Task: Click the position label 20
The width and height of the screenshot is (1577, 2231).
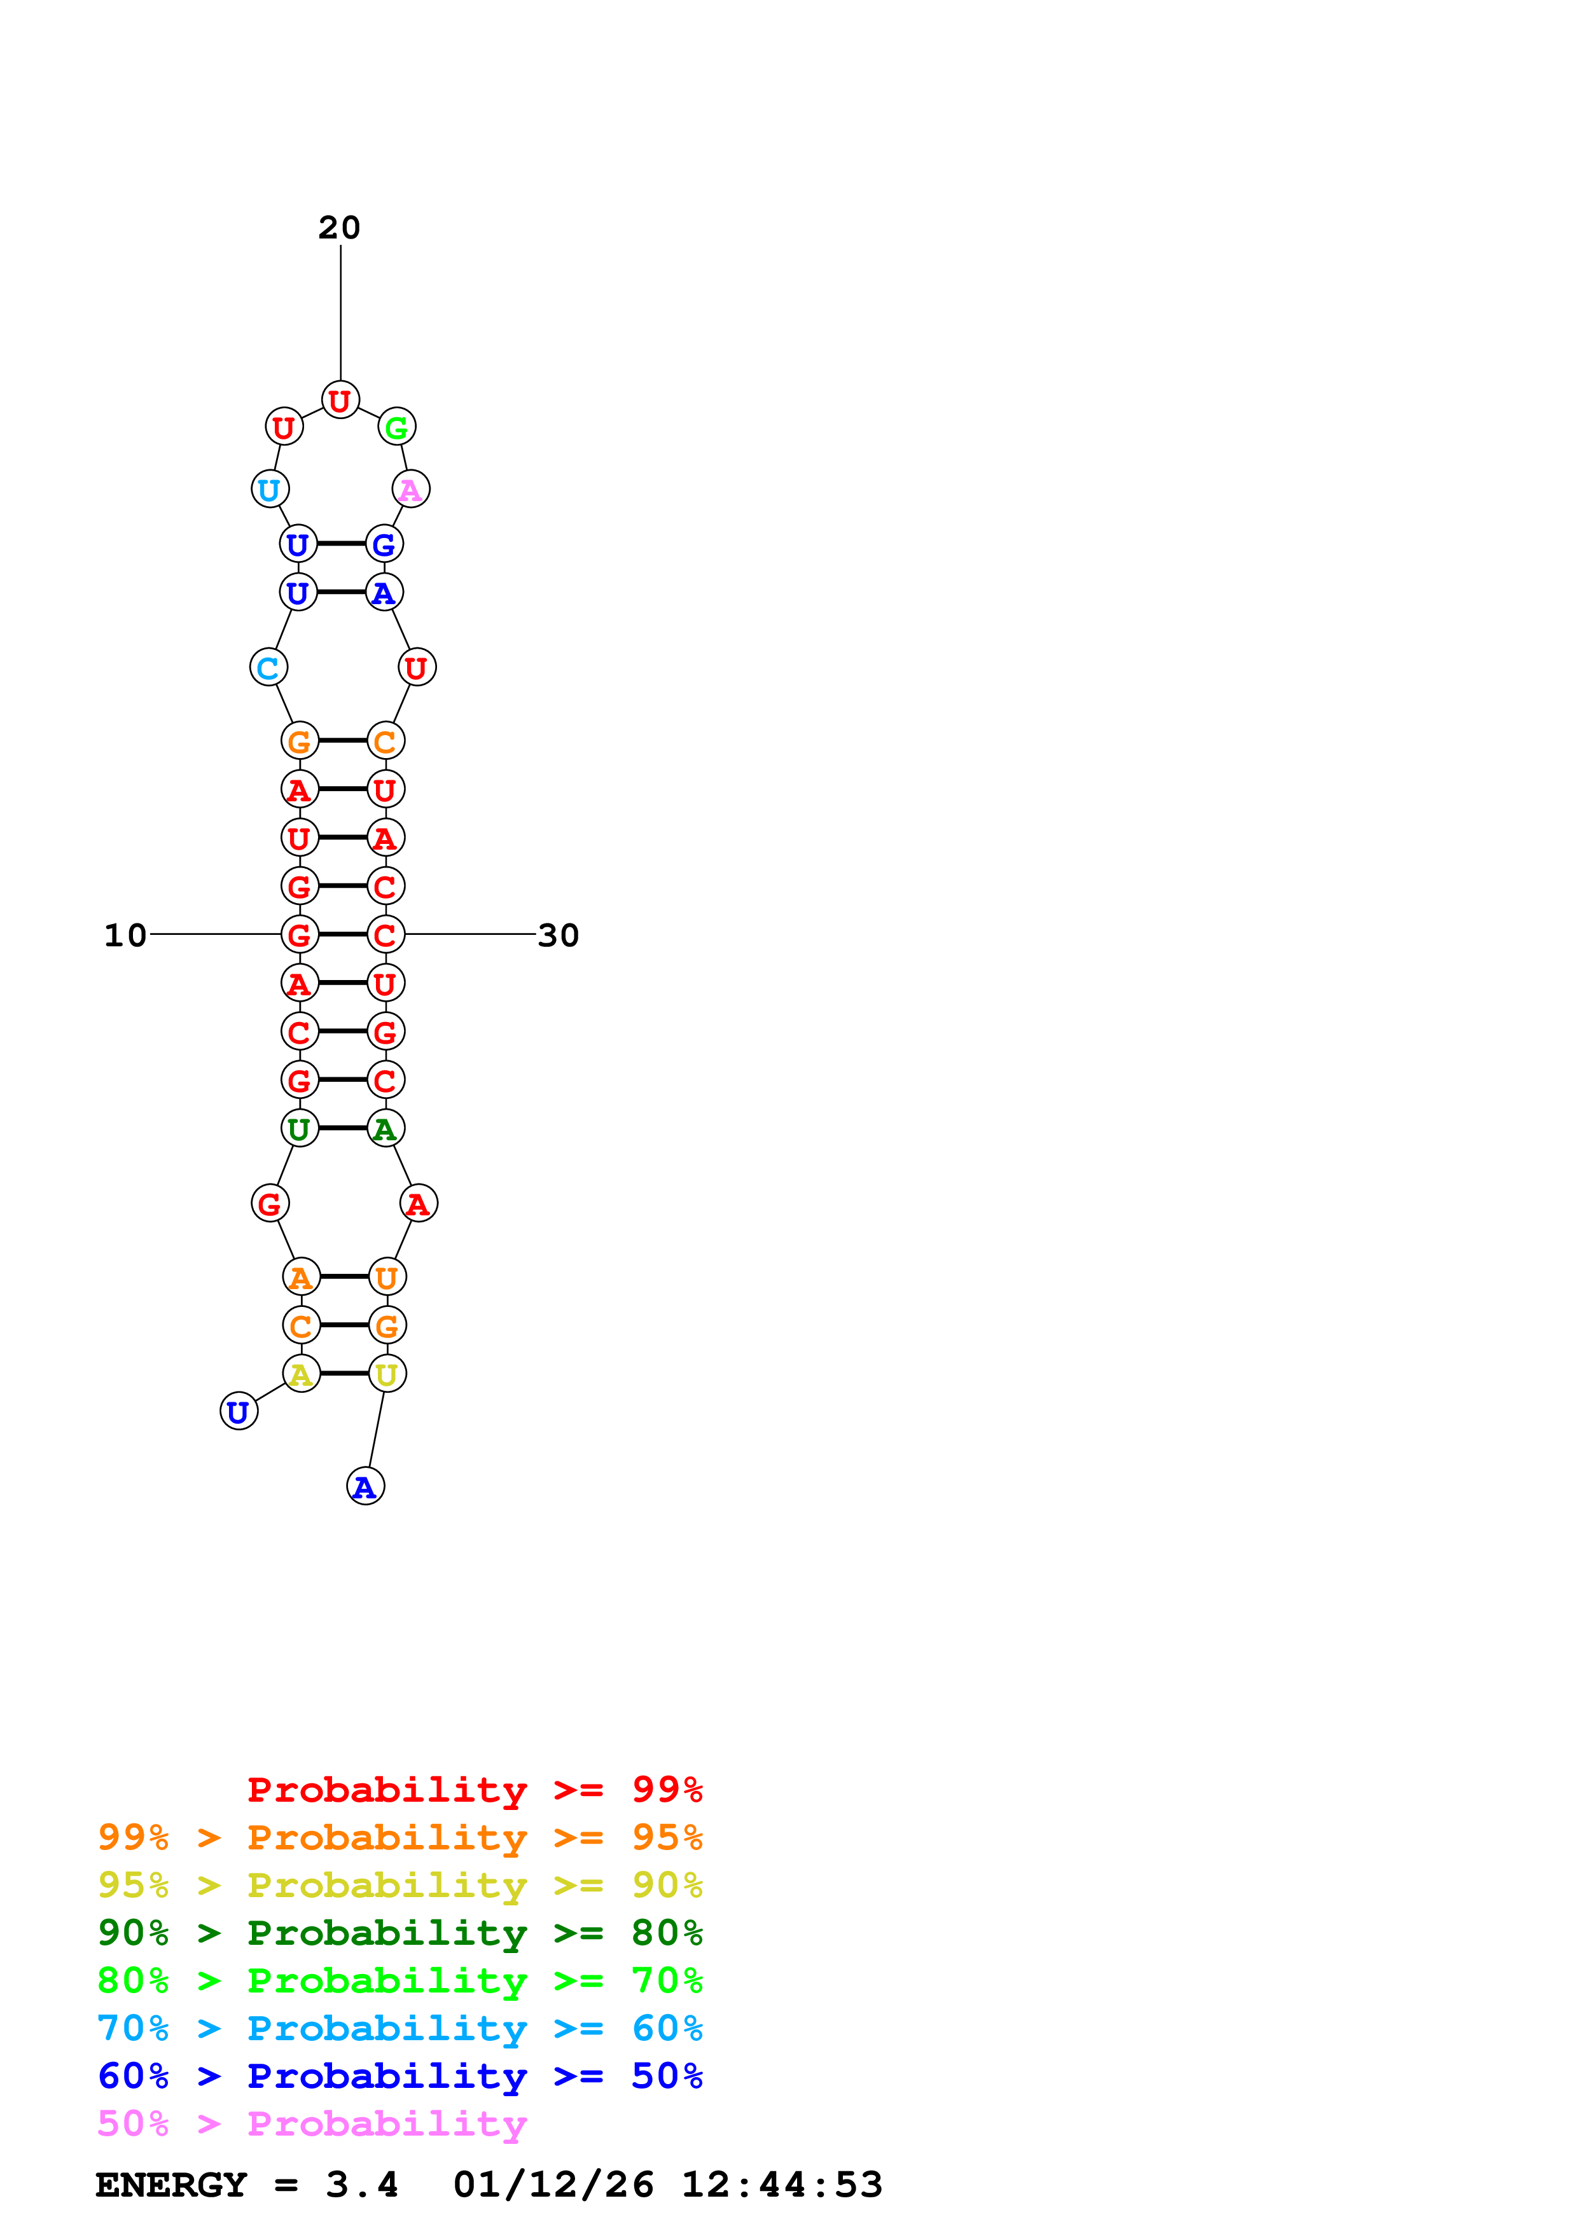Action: pyautogui.click(x=339, y=228)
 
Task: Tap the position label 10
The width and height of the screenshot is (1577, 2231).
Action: pyautogui.click(x=125, y=935)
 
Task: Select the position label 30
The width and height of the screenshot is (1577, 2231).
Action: pyautogui.click(x=558, y=935)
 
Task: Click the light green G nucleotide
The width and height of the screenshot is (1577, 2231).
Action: pyautogui.click(x=396, y=427)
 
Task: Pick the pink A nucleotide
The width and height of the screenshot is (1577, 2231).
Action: pyautogui.click(x=411, y=490)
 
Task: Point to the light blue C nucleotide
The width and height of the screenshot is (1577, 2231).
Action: pyautogui.click(x=268, y=668)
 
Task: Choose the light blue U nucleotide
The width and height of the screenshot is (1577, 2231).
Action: pyautogui.click(x=269, y=490)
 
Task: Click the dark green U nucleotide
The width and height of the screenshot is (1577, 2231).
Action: pyautogui.click(x=299, y=1128)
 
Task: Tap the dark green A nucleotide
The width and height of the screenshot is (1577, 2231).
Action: pyautogui.click(x=386, y=1128)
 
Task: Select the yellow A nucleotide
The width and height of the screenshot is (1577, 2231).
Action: pyautogui.click(x=301, y=1374)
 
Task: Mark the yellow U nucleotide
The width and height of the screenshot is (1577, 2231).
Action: pyautogui.click(x=387, y=1374)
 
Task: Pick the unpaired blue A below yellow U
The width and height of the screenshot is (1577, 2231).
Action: pyautogui.click(x=365, y=1487)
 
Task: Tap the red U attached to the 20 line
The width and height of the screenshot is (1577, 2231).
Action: pyautogui.click(x=340, y=400)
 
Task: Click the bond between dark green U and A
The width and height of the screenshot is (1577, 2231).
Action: pyautogui.click(x=343, y=1128)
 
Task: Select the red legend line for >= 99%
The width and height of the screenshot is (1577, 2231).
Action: pyautogui.click(x=474, y=1789)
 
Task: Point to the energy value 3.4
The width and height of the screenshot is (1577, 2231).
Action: pyautogui.click(x=361, y=2185)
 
